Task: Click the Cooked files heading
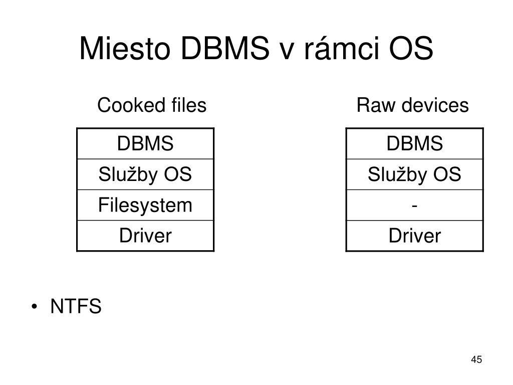point(152,105)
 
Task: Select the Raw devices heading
point(413,105)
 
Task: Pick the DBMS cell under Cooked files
point(145,143)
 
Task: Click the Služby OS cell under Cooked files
point(145,174)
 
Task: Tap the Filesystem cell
point(145,205)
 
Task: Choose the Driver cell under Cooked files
point(145,236)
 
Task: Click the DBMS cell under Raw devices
point(414,143)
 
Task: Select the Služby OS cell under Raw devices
point(414,174)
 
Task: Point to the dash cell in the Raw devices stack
point(414,205)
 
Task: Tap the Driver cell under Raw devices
point(414,236)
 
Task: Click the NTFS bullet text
point(76,306)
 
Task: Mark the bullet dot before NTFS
point(35,307)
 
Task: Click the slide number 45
point(476,359)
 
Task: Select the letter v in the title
point(287,52)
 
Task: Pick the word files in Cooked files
point(189,105)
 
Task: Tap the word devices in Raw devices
point(435,105)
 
